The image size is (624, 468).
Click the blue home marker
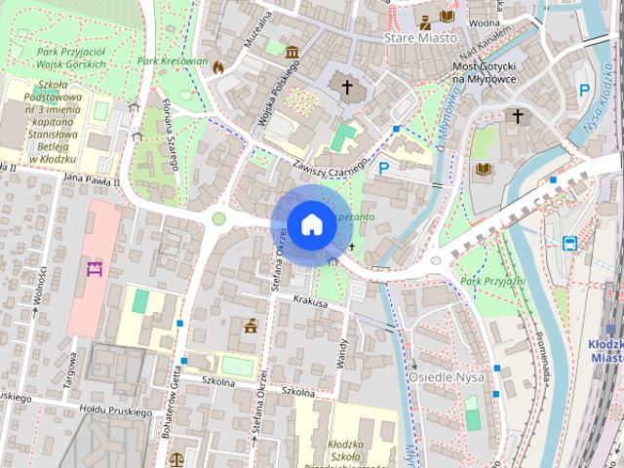point(311,224)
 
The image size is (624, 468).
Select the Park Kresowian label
point(173,60)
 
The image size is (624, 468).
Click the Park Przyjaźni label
point(492,282)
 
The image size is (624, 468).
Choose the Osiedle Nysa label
point(445,376)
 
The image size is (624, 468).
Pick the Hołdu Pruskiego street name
point(114,412)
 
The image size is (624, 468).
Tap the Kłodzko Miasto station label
point(606,351)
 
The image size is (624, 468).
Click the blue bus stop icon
point(569,242)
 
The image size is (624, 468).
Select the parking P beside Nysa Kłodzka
point(584,90)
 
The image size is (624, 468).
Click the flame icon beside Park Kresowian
point(217,67)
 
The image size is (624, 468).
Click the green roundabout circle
point(219,219)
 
